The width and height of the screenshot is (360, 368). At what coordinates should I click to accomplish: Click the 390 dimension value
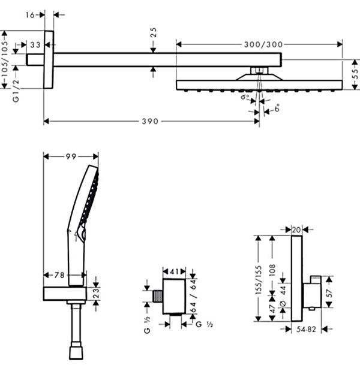coord(150,122)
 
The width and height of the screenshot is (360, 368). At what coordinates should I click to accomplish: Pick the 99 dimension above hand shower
coord(71,156)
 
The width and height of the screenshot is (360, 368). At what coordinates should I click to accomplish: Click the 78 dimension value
coord(58,275)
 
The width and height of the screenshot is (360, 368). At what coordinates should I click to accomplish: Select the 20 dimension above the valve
coord(296,228)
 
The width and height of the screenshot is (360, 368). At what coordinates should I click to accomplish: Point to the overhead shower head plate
coord(259,85)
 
